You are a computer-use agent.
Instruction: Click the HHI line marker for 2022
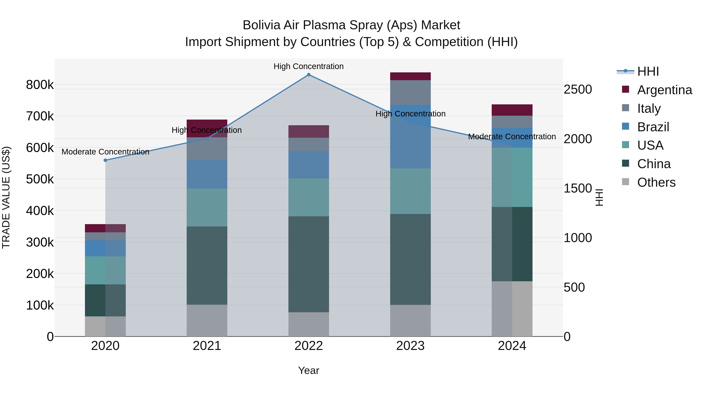309,75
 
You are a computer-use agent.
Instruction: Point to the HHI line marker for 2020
105,160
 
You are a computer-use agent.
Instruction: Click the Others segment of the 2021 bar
207,320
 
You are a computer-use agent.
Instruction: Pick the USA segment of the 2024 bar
512,177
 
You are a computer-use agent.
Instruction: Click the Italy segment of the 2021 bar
207,149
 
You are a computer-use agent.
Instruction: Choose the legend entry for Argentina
665,90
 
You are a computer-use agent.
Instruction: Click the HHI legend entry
648,71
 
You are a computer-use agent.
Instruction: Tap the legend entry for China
654,164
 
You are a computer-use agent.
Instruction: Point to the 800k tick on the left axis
40,85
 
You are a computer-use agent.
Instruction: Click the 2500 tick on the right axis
578,89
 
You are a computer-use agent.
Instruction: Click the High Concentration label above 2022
309,66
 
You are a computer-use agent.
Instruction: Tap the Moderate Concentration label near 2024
512,137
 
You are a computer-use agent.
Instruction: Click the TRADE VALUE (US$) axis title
6,197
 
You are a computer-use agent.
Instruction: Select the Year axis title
309,370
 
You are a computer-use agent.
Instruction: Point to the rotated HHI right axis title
599,197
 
